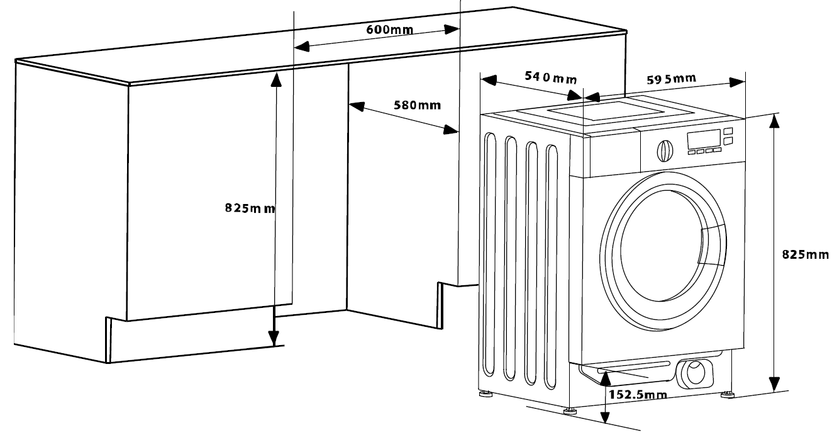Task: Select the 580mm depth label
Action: (417, 105)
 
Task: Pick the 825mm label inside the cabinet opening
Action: (250, 208)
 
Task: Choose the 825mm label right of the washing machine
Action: (806, 254)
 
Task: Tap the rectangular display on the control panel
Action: (704, 139)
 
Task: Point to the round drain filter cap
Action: (696, 373)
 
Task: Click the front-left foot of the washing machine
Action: (571, 411)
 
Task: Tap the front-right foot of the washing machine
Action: (728, 394)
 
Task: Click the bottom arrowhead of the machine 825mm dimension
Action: (775, 384)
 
